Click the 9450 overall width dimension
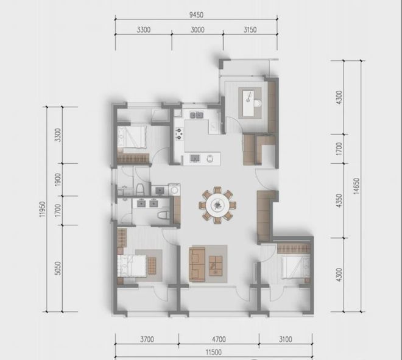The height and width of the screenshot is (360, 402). click(x=196, y=15)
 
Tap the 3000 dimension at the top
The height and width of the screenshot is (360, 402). click(x=197, y=30)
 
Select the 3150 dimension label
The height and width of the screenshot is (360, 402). click(x=250, y=30)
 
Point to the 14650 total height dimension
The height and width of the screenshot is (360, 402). click(x=356, y=186)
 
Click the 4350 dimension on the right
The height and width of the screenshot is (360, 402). click(x=339, y=201)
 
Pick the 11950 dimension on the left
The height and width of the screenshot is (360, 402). click(x=43, y=209)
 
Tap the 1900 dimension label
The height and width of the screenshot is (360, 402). click(x=58, y=180)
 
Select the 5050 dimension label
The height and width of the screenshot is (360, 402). click(x=58, y=268)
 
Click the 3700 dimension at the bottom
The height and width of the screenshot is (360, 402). click(x=147, y=339)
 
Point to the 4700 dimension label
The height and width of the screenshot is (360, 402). click(x=219, y=339)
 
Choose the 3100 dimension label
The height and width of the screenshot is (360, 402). click(x=285, y=339)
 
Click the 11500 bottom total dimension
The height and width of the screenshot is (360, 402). click(x=214, y=352)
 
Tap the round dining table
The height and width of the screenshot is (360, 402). click(x=217, y=205)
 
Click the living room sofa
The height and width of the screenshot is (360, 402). click(x=197, y=264)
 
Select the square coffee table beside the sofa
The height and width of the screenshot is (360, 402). click(x=216, y=266)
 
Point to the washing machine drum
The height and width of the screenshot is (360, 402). click(x=175, y=190)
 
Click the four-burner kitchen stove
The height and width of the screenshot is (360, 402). click(x=179, y=134)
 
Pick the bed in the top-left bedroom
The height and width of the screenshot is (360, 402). click(x=132, y=138)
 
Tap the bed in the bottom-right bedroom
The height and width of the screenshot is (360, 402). click(x=295, y=267)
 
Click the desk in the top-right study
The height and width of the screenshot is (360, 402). click(x=250, y=102)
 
